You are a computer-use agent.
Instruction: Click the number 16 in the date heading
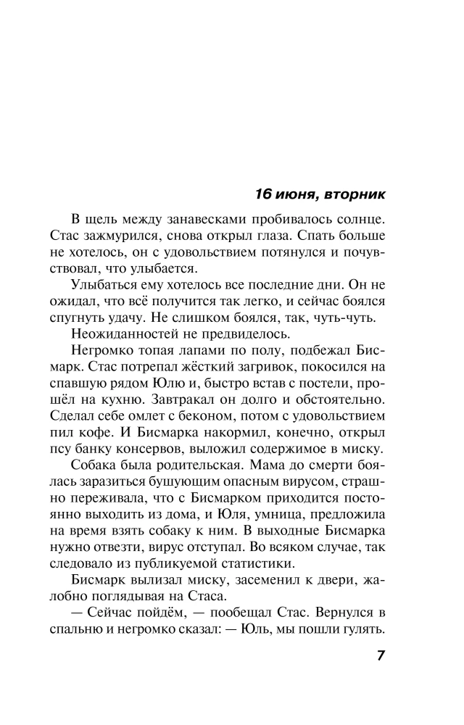(265, 194)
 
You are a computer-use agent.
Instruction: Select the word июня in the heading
(297, 194)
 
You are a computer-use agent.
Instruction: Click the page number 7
(380, 655)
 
